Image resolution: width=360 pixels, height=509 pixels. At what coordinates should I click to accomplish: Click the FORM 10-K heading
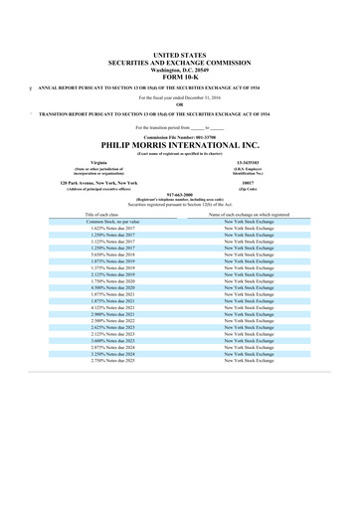[179, 73]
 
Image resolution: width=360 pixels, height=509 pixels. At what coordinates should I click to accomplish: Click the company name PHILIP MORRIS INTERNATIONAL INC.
[179, 142]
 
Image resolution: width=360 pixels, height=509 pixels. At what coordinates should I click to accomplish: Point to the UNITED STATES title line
[179, 51]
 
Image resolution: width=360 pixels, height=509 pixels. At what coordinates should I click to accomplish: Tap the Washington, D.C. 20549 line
[179, 66]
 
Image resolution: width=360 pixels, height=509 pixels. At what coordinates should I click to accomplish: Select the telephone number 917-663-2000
[179, 195]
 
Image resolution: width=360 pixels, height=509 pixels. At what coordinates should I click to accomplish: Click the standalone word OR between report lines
[179, 105]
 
